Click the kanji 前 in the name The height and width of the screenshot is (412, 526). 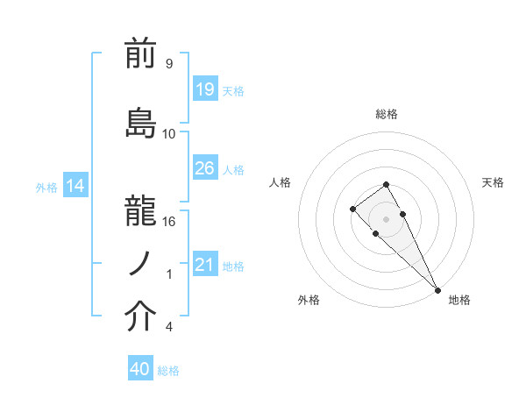(141, 55)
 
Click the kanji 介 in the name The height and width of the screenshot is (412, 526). (141, 317)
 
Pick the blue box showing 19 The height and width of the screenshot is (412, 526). (204, 89)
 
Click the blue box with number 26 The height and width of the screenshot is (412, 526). (204, 167)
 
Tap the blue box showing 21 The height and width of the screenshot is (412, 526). (204, 265)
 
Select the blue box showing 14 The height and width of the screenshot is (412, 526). (75, 186)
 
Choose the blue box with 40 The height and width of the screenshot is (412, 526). (140, 369)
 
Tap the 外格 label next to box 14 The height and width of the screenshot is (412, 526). (46, 187)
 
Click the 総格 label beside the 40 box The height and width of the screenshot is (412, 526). (168, 370)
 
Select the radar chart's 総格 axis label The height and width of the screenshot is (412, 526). (387, 114)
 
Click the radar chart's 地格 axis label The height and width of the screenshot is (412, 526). (459, 300)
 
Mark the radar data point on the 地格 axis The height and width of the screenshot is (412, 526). (437, 290)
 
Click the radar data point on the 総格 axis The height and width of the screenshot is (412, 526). (387, 184)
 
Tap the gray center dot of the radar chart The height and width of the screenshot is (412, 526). (387, 219)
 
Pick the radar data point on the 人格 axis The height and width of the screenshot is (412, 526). (352, 209)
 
